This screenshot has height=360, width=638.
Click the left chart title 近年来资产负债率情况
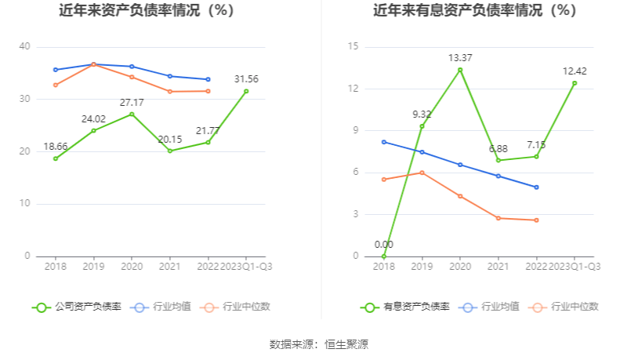147,11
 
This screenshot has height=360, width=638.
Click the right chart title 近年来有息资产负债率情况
475,11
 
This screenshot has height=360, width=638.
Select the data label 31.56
246,79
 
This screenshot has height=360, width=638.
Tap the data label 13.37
460,58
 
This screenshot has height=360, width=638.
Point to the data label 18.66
55,147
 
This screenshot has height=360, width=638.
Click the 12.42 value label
575,71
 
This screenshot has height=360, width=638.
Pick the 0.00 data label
383,245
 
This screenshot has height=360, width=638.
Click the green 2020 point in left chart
132,115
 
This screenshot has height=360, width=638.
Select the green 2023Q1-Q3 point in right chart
575,83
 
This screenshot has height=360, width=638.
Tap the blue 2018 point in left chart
56,70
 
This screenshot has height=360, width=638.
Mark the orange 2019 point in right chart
422,173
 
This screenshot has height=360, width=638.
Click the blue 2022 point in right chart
536,187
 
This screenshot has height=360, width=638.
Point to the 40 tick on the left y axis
25,47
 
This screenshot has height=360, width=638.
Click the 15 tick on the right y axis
353,47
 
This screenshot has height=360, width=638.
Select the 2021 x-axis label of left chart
169,267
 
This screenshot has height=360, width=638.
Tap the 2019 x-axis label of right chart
422,267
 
